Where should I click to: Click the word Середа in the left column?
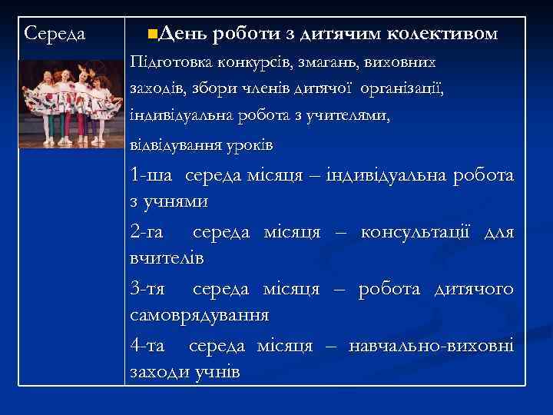(x=55, y=34)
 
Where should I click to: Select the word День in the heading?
(x=185, y=34)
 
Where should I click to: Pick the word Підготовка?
(x=171, y=61)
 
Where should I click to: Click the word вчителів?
(x=167, y=258)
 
